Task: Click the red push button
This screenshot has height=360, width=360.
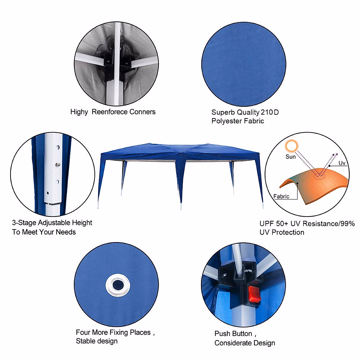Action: point(254,294)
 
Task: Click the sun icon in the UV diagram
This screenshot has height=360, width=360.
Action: point(291,146)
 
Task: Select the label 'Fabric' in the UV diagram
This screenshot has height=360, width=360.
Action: point(281,196)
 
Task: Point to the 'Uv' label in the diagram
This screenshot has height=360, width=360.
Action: point(342,163)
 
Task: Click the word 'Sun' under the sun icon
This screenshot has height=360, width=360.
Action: point(290,157)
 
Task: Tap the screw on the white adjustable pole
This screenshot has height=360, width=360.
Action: point(58,164)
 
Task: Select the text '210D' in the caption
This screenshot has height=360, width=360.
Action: point(270,112)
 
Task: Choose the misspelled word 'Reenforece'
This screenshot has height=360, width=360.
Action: point(110,112)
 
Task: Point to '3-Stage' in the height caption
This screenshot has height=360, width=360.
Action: point(24,223)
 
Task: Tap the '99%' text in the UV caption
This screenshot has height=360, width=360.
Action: point(348,223)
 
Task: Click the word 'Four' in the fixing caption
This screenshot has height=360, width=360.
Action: point(83,332)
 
